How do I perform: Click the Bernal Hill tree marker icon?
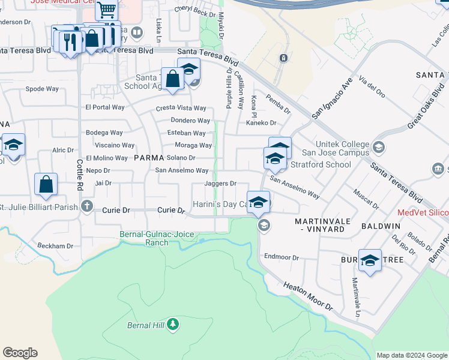point(173,325)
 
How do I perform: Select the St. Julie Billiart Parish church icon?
point(87,206)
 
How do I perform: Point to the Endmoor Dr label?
point(282,257)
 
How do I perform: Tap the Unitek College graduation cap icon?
point(378,147)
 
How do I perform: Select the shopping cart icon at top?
point(106,9)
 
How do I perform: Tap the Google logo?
point(20,353)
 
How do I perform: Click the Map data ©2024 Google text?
point(411,355)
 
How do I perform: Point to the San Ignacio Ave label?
point(331,97)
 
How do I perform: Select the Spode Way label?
point(42,89)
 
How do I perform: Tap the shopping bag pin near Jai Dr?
point(46,185)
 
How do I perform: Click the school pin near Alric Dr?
point(13,146)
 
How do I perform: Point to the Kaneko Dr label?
point(261,123)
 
